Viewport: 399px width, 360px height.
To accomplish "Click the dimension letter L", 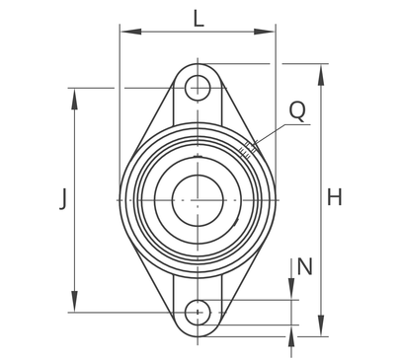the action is [199, 19].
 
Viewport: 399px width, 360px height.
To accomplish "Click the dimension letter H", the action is [334, 197].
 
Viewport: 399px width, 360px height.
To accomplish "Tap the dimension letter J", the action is [63, 198].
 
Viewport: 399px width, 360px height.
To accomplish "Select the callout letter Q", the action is [297, 110].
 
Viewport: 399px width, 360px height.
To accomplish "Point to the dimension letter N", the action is [304, 266].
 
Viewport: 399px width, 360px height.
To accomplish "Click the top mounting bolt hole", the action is [198, 88].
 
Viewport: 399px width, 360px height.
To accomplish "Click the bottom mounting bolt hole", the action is [198, 313].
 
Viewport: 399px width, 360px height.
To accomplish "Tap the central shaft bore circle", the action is [198, 200].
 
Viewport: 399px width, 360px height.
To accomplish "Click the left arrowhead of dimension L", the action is [131, 32].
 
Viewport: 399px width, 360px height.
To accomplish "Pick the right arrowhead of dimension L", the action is [264, 32].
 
